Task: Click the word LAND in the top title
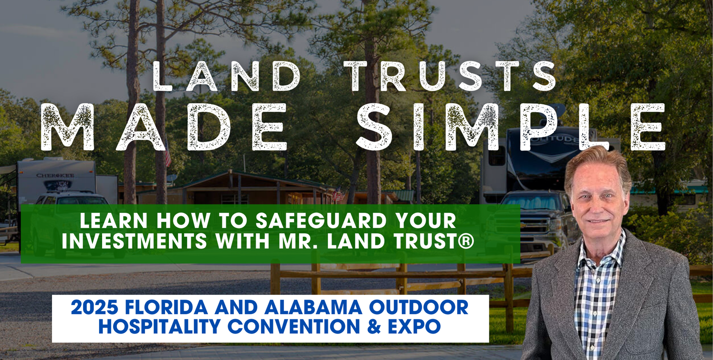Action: point(227,76)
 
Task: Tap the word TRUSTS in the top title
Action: point(450,76)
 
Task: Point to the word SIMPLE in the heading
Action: point(511,127)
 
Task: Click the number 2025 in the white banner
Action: point(95,307)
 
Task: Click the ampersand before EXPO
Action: point(374,327)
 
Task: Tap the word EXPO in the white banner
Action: point(414,327)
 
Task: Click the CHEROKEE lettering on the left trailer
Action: point(55,175)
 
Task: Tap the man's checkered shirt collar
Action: point(598,251)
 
